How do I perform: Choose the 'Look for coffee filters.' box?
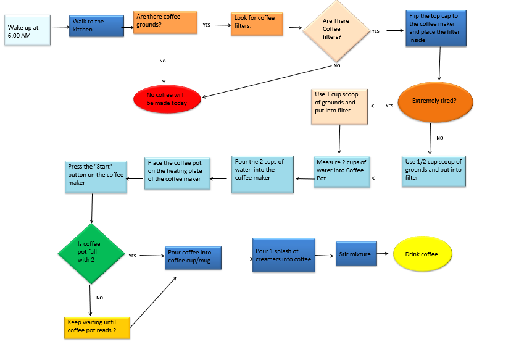click(257, 24)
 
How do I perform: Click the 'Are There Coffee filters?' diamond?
click(336, 30)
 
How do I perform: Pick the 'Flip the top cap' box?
click(436, 28)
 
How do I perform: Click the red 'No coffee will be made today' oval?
click(167, 99)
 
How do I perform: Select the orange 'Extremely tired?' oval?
click(434, 101)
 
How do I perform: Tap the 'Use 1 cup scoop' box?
click(339, 106)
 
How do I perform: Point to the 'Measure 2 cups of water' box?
click(341, 171)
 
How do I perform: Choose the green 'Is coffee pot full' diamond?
click(90, 254)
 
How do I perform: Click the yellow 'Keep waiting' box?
click(98, 327)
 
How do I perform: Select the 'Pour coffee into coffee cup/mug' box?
click(193, 256)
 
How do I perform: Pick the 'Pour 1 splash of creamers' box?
click(283, 254)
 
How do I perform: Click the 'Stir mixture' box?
click(356, 254)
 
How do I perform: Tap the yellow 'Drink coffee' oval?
click(423, 254)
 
